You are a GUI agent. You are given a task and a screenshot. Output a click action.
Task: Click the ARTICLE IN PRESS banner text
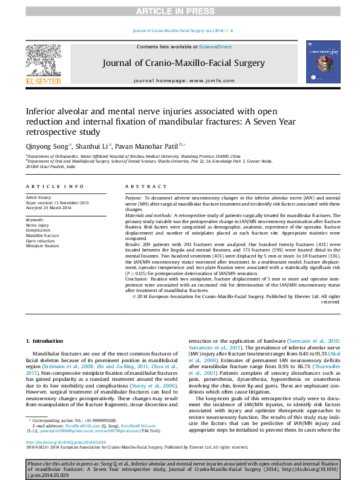click(180, 11)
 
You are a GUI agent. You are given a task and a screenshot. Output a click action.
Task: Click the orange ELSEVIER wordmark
click(43, 81)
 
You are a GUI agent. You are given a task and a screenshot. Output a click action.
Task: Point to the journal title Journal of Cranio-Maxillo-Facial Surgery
click(183, 63)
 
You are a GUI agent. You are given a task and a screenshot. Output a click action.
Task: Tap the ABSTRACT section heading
click(140, 187)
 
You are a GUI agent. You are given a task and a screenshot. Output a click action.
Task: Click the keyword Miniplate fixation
click(42, 246)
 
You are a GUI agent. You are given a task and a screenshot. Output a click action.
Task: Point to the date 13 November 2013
click(71, 203)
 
